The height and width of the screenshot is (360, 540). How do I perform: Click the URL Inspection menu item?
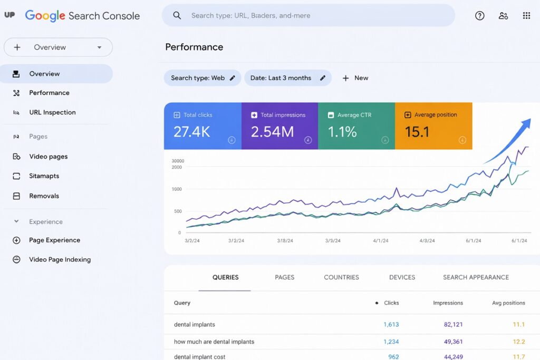point(52,112)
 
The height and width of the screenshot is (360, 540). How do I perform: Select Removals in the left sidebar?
point(44,196)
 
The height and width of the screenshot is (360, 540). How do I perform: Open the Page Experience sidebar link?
point(54,240)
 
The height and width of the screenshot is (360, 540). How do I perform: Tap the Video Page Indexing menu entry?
point(60,259)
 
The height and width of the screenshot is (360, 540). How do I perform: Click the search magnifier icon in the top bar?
point(177,16)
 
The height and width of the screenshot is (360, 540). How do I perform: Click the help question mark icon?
point(479,16)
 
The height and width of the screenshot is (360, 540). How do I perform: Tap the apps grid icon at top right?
point(526,16)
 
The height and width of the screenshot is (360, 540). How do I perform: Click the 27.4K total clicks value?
point(191,132)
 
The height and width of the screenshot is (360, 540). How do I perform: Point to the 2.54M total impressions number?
point(272,132)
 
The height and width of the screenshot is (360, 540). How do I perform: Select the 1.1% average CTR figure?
point(342,132)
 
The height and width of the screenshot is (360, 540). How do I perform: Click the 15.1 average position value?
point(417,132)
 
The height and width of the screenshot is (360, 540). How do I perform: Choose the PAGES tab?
point(284,277)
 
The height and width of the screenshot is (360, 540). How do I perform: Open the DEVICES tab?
point(402,277)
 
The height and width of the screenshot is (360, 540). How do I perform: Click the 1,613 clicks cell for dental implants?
point(391,325)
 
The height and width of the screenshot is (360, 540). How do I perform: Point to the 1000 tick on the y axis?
point(176,189)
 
